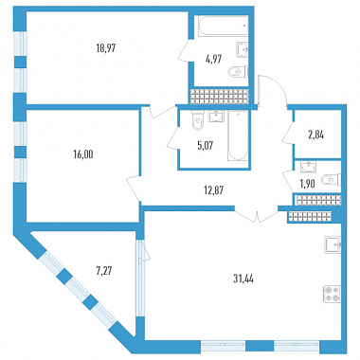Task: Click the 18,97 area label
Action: point(106,48)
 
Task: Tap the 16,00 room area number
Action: point(82,154)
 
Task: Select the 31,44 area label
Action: point(243,279)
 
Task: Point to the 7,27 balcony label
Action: point(104,270)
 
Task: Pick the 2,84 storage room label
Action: point(316,135)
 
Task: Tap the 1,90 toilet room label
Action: point(306,184)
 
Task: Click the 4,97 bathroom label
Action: point(213,59)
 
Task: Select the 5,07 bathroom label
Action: point(206,146)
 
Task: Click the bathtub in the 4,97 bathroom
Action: point(223,26)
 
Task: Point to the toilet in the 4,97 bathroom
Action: point(239,72)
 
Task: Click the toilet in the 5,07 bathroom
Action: point(197,121)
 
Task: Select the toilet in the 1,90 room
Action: point(331,180)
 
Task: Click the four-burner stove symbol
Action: point(332,294)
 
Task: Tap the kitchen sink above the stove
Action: point(333,245)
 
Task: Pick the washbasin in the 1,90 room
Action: point(307,167)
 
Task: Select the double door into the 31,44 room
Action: point(257,216)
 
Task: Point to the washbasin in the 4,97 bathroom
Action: point(243,50)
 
